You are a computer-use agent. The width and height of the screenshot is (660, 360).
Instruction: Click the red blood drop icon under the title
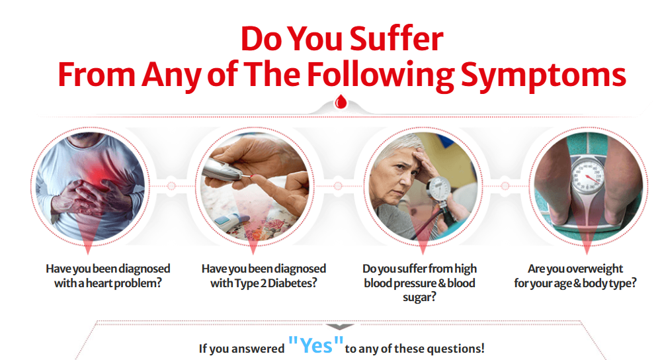[x=341, y=102]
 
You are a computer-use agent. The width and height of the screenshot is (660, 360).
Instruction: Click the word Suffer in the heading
[x=396, y=39]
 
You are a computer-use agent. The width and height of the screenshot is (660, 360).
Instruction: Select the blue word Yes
[x=315, y=345]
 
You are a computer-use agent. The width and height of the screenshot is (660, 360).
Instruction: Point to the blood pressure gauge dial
[x=438, y=189]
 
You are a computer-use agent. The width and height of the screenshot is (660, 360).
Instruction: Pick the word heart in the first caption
[x=100, y=283]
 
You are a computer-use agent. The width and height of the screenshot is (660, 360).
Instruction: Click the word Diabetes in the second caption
[x=292, y=283]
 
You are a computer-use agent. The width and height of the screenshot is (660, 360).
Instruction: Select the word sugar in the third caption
[x=417, y=298]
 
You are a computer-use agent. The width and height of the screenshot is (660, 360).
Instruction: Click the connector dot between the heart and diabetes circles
[x=171, y=186]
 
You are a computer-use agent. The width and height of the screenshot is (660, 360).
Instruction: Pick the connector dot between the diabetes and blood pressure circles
[x=337, y=186]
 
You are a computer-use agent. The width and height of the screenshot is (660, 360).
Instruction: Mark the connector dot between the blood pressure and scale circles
[x=505, y=186]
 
